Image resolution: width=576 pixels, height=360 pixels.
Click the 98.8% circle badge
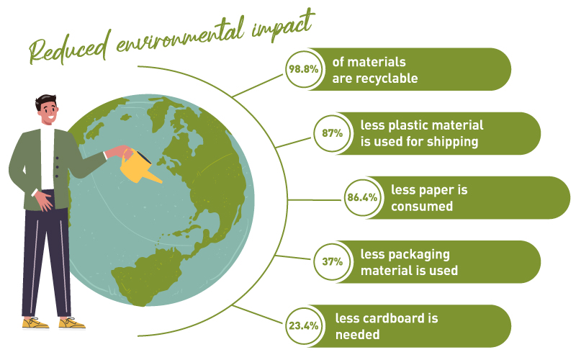[x=303, y=69]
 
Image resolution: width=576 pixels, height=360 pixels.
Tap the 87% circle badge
[x=333, y=133]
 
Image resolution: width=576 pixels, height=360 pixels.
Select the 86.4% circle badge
[x=363, y=197]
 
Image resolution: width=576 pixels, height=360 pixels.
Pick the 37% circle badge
[x=333, y=261]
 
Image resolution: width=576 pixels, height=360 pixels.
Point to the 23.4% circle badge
[x=303, y=325]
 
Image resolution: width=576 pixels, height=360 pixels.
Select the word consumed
[x=422, y=207]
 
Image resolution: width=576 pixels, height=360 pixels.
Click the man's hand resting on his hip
[x=44, y=201]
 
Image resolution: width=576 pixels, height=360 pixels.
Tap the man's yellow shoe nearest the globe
[x=72, y=323]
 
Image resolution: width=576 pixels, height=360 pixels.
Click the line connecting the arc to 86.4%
[x=315, y=200]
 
